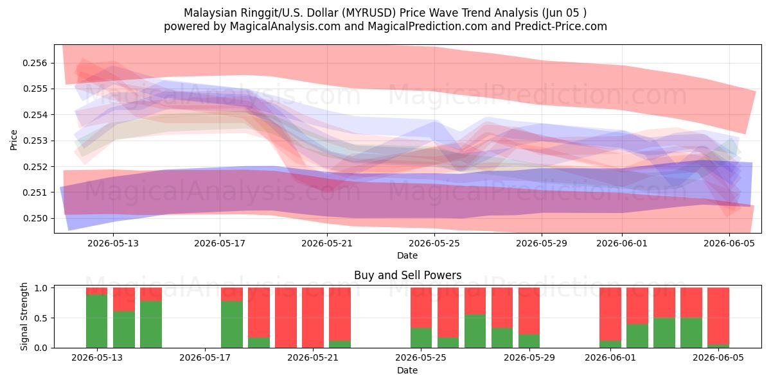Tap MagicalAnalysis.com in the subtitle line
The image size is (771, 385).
point(285,26)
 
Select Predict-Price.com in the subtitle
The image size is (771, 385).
point(561,26)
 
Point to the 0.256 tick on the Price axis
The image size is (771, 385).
point(35,64)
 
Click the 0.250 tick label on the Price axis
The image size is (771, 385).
point(35,219)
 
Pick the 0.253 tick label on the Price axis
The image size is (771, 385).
point(35,141)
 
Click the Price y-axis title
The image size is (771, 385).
point(13,140)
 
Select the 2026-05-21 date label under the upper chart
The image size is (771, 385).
point(327,243)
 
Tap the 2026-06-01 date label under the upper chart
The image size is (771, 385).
point(622,243)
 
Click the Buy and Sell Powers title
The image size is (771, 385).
point(407,275)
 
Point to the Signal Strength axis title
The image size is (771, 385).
point(24,316)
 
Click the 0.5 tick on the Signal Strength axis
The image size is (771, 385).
point(41,318)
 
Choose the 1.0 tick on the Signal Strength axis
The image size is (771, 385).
point(41,288)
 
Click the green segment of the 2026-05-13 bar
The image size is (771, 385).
point(97,321)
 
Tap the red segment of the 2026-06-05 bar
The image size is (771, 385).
point(718,316)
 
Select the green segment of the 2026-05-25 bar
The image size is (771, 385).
point(421,338)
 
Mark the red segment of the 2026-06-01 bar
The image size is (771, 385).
point(610,314)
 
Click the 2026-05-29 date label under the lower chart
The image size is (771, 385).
point(529,358)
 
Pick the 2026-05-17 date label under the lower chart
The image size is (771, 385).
point(205,358)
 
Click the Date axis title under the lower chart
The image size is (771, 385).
point(407,371)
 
